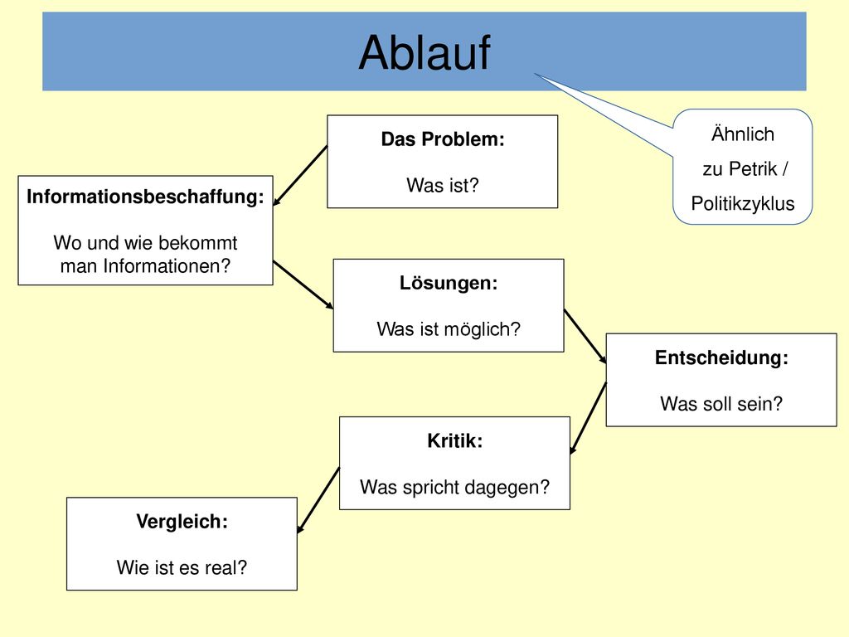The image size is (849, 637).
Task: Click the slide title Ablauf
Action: pos(424,52)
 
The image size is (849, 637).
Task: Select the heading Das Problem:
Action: pos(443,139)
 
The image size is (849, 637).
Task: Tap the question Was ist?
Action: pos(443,185)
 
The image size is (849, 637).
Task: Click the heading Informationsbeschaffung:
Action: pos(145,197)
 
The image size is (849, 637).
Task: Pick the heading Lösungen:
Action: pos(449,283)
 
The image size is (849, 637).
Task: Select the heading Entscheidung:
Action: pos(721,357)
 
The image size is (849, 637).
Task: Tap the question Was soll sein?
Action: pos(721,404)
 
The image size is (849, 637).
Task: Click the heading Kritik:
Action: pos(455,440)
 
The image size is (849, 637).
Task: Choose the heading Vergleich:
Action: pos(182,522)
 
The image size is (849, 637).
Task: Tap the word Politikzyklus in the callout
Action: pos(742,204)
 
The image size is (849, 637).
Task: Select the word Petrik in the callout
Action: pos(753,169)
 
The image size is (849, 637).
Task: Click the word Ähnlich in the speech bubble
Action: pos(742,134)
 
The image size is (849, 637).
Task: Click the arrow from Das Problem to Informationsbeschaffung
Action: pos(300,176)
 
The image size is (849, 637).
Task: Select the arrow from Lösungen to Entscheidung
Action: pos(585,336)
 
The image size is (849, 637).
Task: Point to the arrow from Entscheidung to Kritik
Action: pos(588,418)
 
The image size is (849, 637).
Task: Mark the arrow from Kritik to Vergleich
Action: pos(318,500)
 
